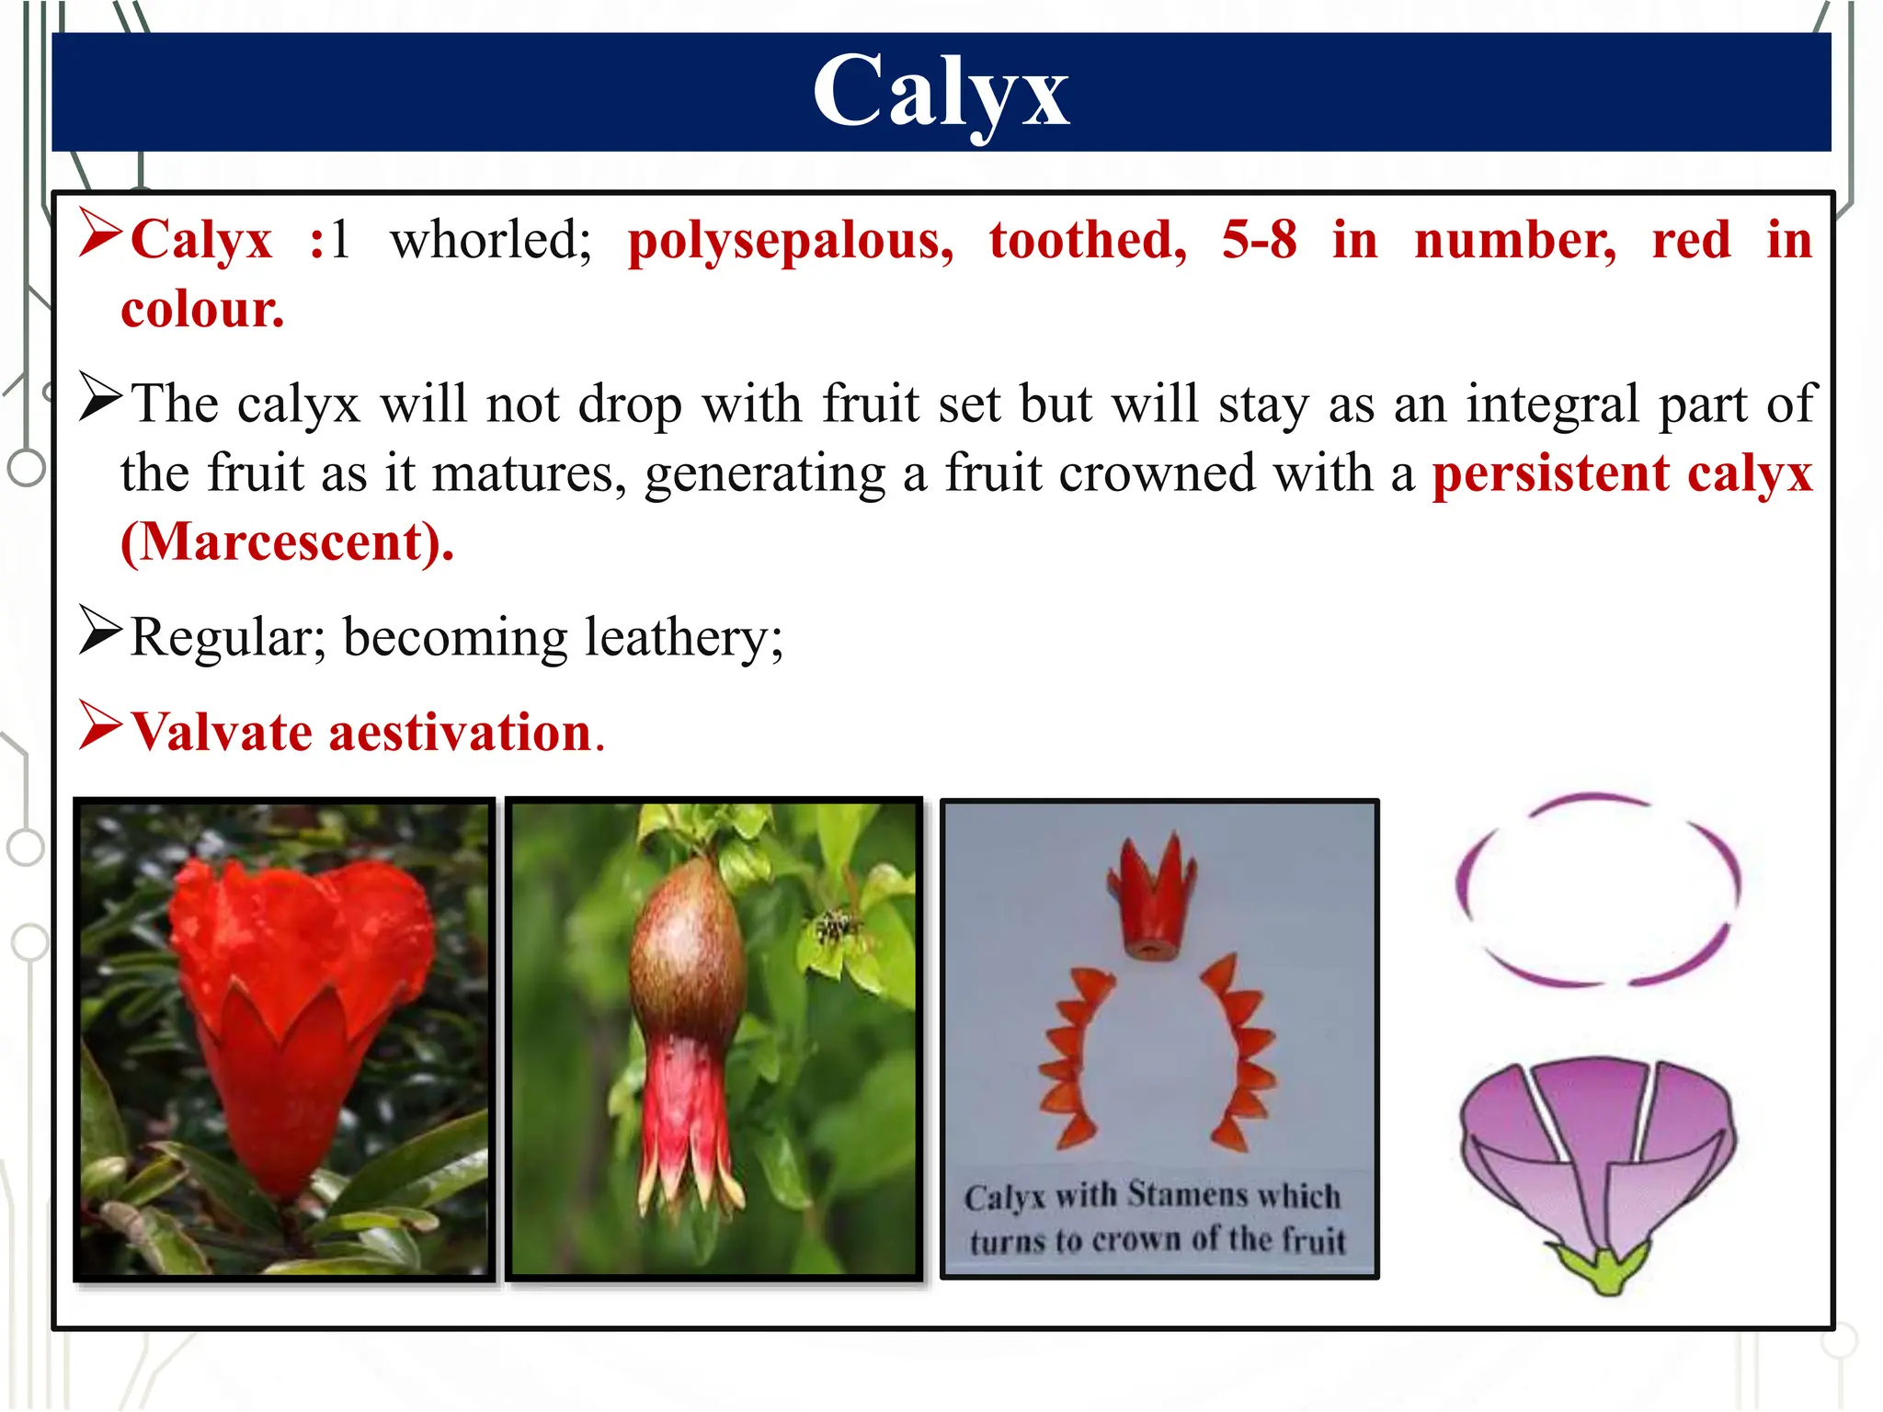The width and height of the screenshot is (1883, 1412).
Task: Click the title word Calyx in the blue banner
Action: tap(941, 92)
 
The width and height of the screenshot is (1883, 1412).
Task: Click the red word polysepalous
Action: tap(790, 241)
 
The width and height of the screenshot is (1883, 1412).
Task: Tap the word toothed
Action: tap(1088, 241)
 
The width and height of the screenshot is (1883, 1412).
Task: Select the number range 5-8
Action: tap(1259, 241)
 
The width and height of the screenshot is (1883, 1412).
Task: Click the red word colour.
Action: tap(202, 310)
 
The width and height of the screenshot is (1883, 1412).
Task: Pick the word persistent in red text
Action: tap(1550, 473)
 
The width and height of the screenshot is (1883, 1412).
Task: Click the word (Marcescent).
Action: tap(287, 542)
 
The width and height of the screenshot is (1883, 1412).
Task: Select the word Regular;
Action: tap(227, 638)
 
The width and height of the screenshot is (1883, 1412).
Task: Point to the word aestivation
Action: tap(460, 733)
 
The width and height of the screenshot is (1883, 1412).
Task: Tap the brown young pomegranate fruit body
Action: tap(685, 956)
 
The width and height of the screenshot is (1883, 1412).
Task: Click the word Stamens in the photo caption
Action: tap(1187, 1195)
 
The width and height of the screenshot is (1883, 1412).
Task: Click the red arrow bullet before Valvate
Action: tap(99, 726)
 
